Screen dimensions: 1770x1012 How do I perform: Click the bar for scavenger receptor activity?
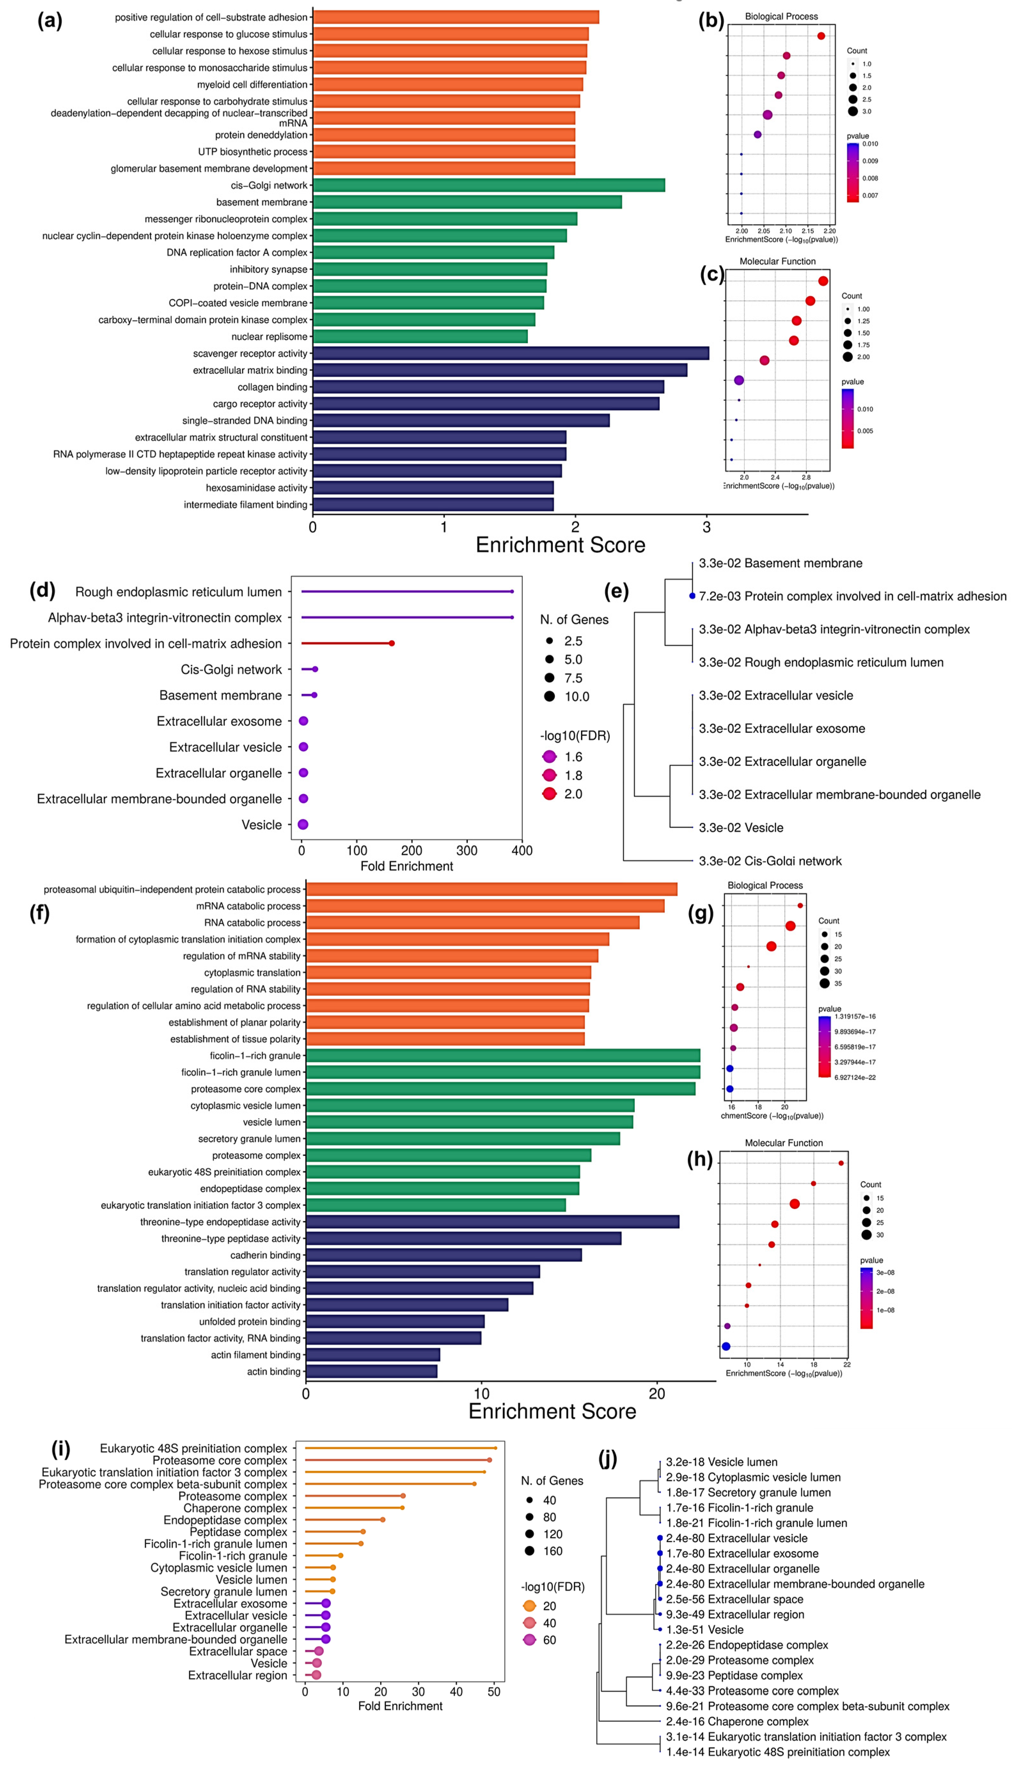[511, 353]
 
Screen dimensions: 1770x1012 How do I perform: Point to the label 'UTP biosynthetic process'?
[252, 151]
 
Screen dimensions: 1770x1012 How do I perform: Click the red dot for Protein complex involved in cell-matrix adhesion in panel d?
[392, 643]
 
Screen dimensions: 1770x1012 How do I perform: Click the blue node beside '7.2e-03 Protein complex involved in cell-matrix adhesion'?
[692, 596]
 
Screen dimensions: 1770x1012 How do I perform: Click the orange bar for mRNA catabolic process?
[485, 906]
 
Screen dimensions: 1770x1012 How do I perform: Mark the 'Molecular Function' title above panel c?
[777, 261]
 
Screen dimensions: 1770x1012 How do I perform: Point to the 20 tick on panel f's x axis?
[657, 1394]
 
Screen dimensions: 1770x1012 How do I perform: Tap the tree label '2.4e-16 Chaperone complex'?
[737, 1721]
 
